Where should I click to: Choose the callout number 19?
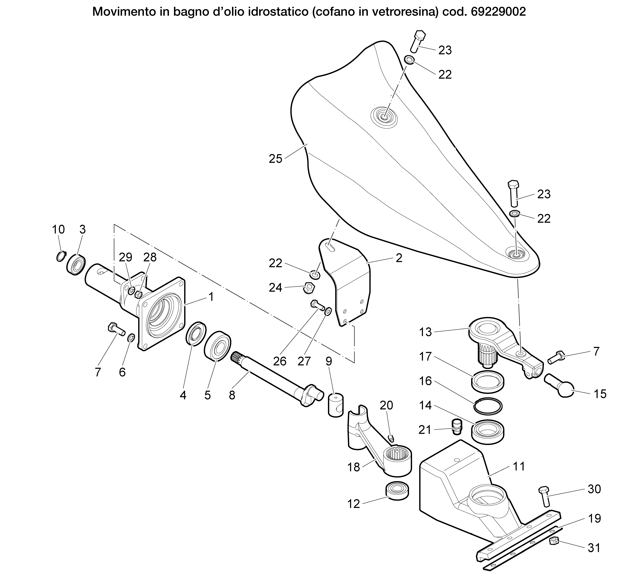tap(594, 518)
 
